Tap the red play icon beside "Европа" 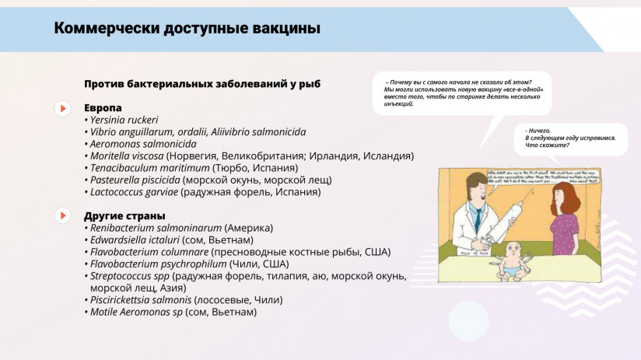62,108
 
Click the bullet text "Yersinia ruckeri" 124,120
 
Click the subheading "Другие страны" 124,215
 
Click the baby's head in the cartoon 512,251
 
